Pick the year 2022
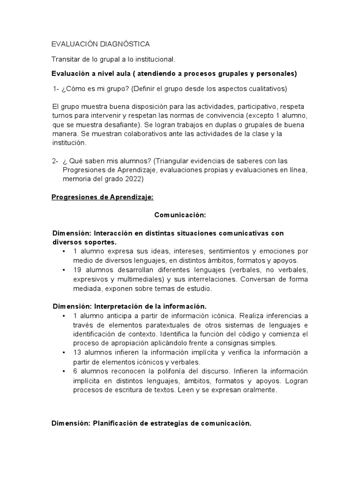133,180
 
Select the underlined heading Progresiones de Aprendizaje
102,198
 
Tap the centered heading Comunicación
180,215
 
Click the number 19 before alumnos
78,270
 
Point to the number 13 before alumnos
78,352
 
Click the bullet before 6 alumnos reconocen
64,371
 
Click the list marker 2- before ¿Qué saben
55,161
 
